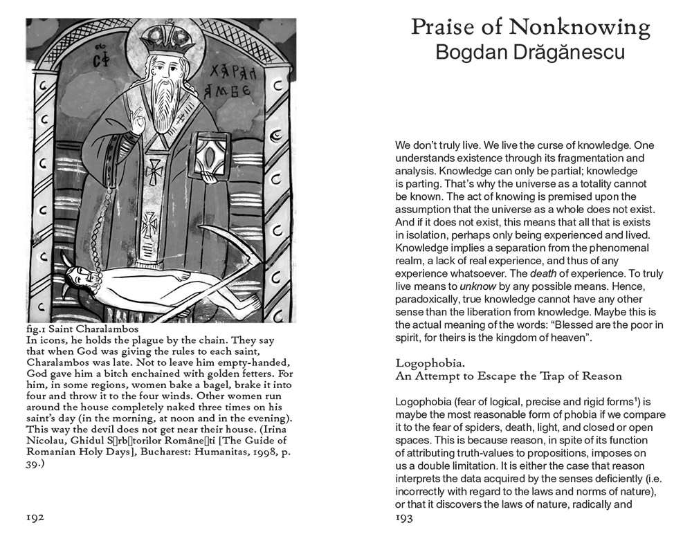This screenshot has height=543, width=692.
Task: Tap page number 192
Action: pos(35,518)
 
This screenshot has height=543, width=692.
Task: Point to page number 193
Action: pos(404,518)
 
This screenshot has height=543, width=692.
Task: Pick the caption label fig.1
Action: pos(35,330)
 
